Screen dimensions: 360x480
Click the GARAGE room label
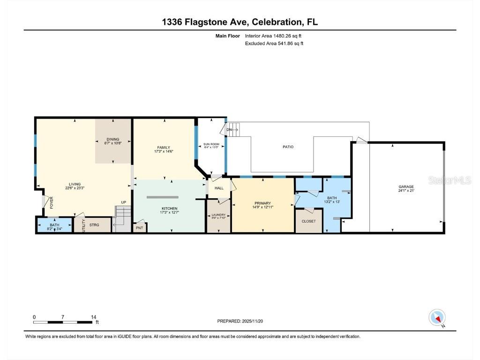coord(406,187)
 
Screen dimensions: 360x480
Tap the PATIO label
coord(288,147)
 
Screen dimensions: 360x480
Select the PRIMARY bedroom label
coord(263,203)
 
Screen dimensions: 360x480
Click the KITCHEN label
coord(169,208)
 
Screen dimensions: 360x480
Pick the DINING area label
coord(112,139)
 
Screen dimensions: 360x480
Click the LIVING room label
coord(75,184)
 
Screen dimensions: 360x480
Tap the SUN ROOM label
coord(211,144)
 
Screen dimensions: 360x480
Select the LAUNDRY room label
coord(219,215)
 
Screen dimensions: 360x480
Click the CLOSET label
coord(308,221)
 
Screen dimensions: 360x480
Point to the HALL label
coord(219,188)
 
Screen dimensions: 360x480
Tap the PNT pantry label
coord(139,228)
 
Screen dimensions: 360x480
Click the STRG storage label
coord(94,225)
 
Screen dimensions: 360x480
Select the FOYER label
coord(52,202)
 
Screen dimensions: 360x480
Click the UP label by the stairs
coord(124,202)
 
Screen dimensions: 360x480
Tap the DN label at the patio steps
coord(229,129)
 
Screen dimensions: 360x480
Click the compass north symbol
coord(437,317)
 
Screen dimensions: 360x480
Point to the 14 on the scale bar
coord(94,317)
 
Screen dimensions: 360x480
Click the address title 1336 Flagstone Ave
coord(240,22)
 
